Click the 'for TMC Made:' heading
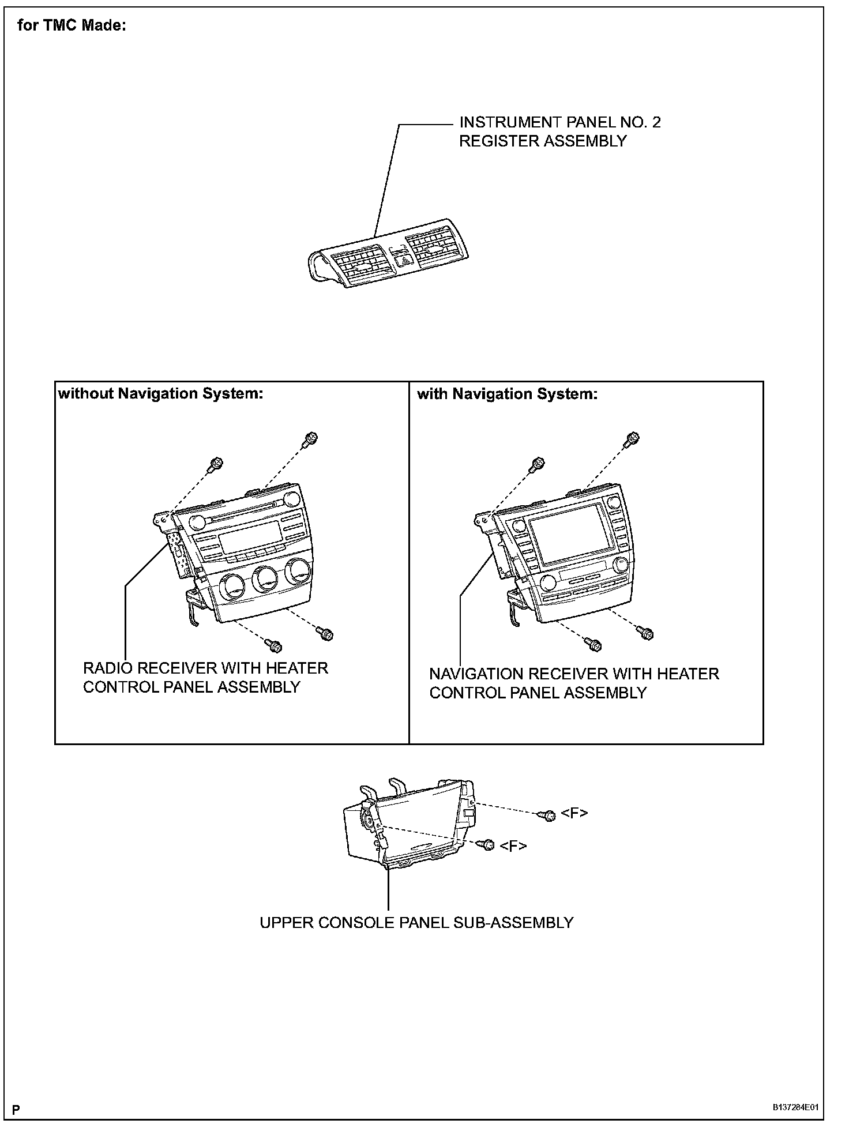coord(72,26)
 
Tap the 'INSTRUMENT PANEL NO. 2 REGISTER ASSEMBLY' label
coord(559,131)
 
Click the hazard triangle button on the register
coord(404,261)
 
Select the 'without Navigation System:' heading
coord(160,394)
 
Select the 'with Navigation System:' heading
coord(507,394)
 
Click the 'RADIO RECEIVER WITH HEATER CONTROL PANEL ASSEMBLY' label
coord(205,677)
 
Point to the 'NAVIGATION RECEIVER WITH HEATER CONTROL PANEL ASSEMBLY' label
coord(574,683)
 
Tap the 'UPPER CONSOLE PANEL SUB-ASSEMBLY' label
coord(416,922)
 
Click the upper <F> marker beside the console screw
coord(574,813)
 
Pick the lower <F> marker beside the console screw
coord(513,845)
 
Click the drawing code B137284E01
coord(795,1108)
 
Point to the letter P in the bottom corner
coord(16,1110)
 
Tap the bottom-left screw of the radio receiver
coord(275,645)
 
